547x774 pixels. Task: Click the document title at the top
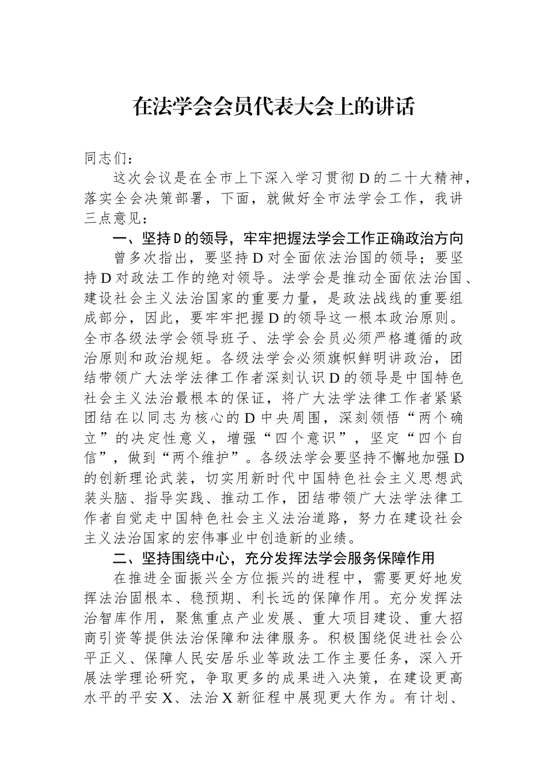273,107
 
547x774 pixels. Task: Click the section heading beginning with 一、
288,237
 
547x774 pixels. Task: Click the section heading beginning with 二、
273,557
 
